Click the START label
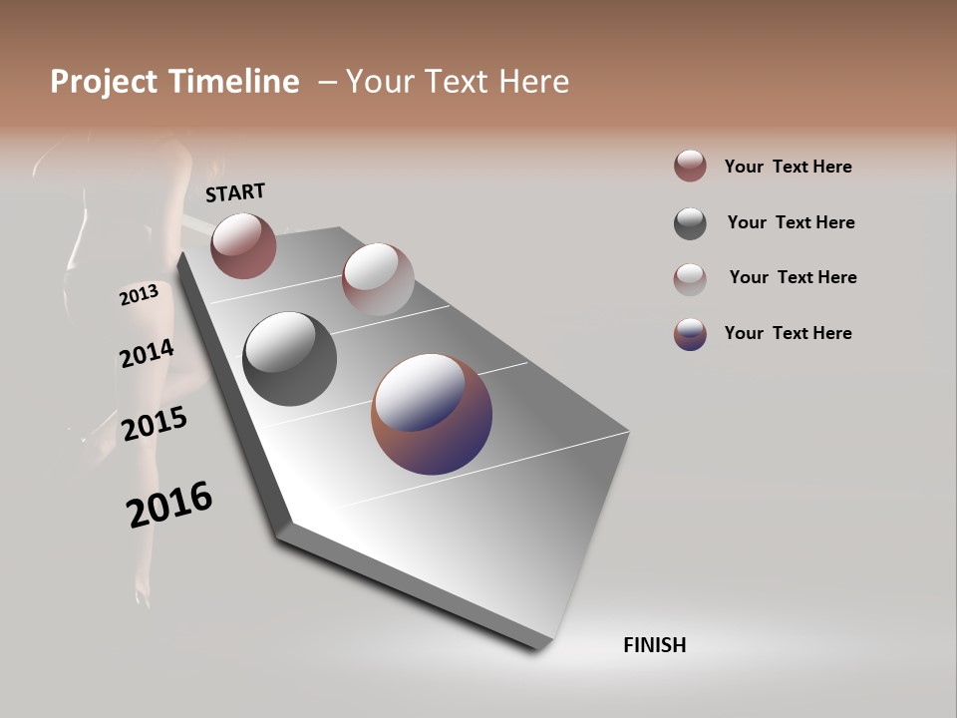pyautogui.click(x=235, y=192)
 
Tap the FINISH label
pyautogui.click(x=654, y=645)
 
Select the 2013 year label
pyautogui.click(x=139, y=295)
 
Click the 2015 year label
pyautogui.click(x=155, y=424)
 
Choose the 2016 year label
pyautogui.click(x=169, y=505)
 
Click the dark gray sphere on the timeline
pyautogui.click(x=289, y=359)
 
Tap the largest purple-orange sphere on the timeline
pyautogui.click(x=432, y=413)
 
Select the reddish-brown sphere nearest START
pyautogui.click(x=243, y=245)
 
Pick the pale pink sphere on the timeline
pyautogui.click(x=378, y=279)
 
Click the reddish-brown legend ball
pyautogui.click(x=690, y=167)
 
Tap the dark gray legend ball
pyautogui.click(x=690, y=223)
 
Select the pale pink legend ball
pyautogui.click(x=690, y=279)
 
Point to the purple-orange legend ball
pyautogui.click(x=690, y=334)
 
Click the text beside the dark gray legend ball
pyautogui.click(x=791, y=222)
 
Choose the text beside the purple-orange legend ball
pyautogui.click(x=788, y=333)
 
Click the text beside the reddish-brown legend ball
pyautogui.click(x=788, y=167)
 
